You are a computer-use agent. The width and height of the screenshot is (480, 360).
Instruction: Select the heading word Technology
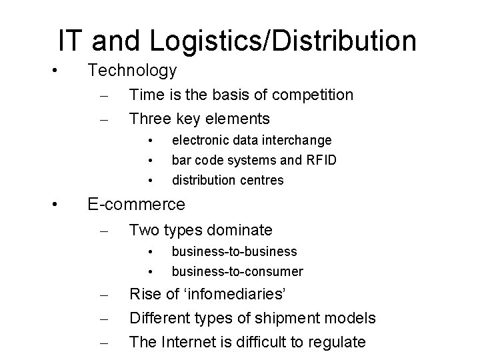pyautogui.click(x=132, y=70)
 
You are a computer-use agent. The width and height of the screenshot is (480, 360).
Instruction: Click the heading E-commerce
pyautogui.click(x=136, y=205)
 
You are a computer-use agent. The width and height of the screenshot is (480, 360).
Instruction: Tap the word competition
pyautogui.click(x=312, y=95)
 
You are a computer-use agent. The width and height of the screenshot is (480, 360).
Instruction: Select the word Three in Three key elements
pyautogui.click(x=149, y=119)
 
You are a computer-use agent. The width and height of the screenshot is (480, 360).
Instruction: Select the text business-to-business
pyautogui.click(x=235, y=251)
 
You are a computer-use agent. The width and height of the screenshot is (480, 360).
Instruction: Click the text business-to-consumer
pyautogui.click(x=237, y=271)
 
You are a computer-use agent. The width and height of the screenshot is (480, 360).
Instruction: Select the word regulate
pyautogui.click(x=336, y=343)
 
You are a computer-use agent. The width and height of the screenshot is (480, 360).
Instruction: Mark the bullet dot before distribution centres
pyautogui.click(x=152, y=181)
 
